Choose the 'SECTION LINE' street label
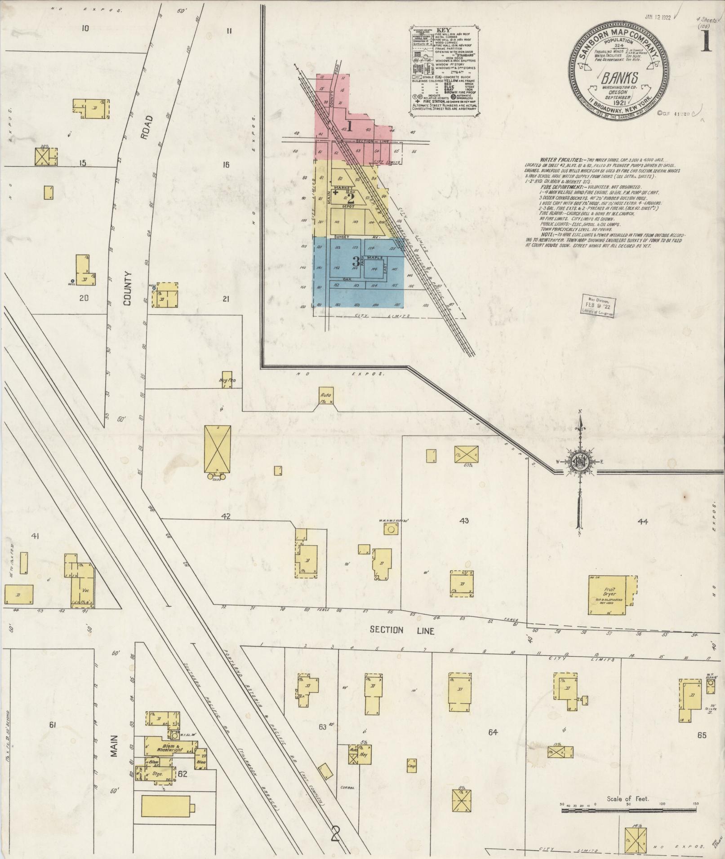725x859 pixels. [x=401, y=630]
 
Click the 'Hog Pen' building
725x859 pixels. [x=227, y=379]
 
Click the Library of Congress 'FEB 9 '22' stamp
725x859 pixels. [x=598, y=306]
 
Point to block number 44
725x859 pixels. [x=642, y=521]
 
